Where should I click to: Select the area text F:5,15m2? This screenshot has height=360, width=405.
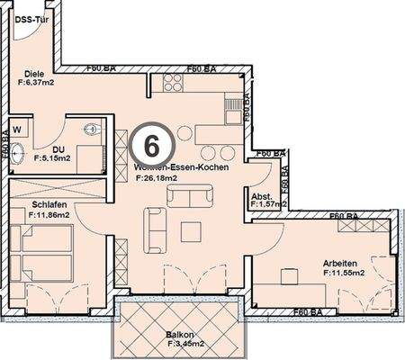click(x=51, y=157)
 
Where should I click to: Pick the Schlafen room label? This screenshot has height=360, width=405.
click(x=31, y=204)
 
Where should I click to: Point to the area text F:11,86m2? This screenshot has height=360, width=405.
click(x=50, y=215)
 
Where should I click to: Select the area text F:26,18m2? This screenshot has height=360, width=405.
click(x=157, y=178)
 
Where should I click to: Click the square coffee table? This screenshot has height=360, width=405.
click(x=190, y=231)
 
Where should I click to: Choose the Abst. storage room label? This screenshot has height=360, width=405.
click(x=262, y=195)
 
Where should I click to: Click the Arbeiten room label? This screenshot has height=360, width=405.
click(x=343, y=263)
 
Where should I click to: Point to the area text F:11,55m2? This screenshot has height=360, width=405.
click(x=346, y=274)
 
